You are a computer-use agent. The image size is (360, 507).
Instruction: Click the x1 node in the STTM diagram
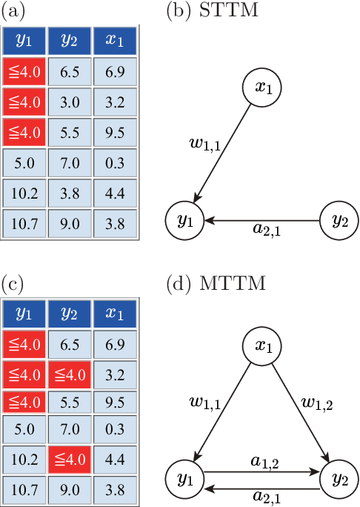(x=264, y=88)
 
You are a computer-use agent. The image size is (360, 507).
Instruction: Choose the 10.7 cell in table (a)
(x=23, y=222)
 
